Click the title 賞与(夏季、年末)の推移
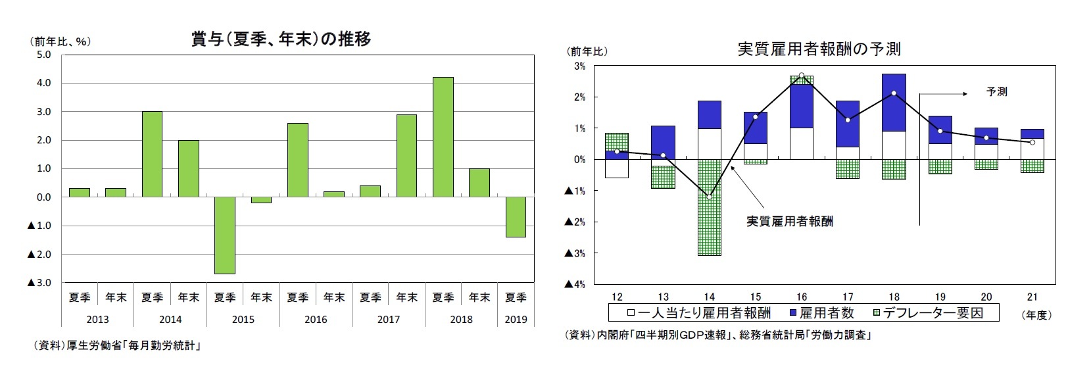click(281, 39)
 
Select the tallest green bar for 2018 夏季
click(443, 137)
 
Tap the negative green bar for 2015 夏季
click(225, 235)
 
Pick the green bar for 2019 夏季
click(515, 216)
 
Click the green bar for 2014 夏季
click(152, 154)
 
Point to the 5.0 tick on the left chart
click(43, 55)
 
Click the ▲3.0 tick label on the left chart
click(39, 283)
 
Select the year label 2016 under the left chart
click(316, 320)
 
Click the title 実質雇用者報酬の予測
click(819, 49)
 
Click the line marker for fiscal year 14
click(709, 197)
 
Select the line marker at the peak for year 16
click(801, 76)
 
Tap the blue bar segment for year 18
click(894, 103)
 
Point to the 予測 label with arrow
click(996, 92)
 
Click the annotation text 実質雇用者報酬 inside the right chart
click(789, 222)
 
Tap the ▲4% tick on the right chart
click(575, 285)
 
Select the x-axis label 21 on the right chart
click(1032, 297)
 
